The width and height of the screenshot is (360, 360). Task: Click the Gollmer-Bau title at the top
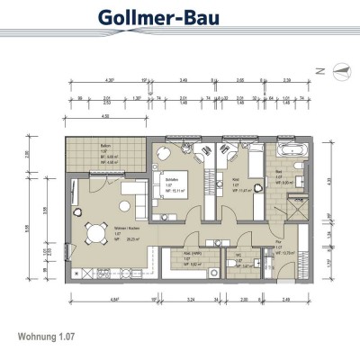tap(181, 20)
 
